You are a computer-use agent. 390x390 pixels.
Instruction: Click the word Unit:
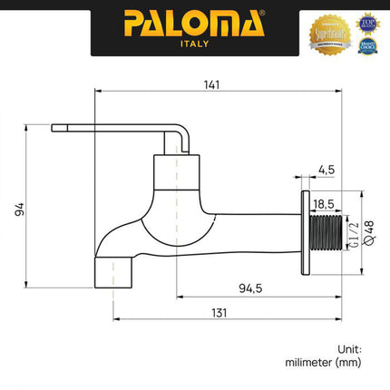pyautogui.click(x=350, y=347)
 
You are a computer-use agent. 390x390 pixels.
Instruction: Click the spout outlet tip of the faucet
pyautogui.click(x=112, y=271)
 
